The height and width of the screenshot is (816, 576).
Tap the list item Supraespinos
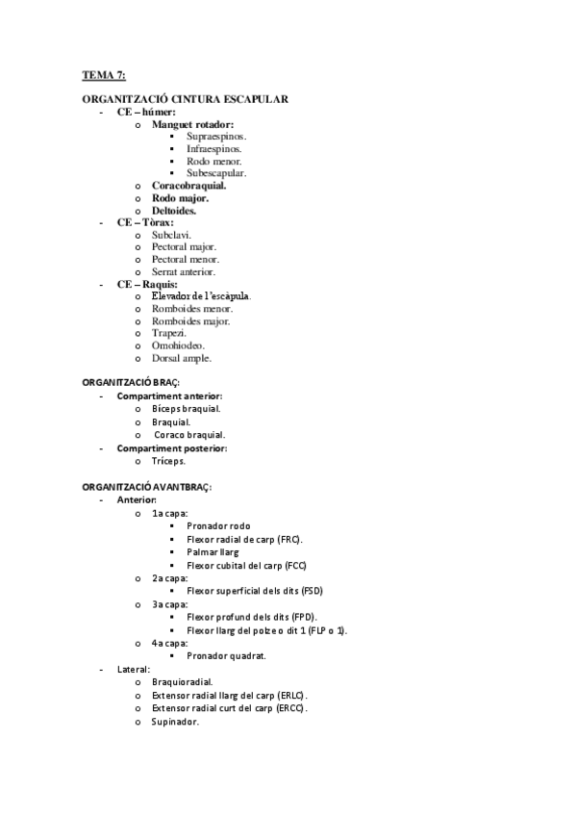click(216, 137)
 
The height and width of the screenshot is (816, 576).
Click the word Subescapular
click(216, 173)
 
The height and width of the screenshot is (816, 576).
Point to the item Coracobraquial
click(189, 186)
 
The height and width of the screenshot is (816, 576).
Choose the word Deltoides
click(174, 210)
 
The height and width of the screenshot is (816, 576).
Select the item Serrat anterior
click(184, 271)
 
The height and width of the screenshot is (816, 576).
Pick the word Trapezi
click(169, 333)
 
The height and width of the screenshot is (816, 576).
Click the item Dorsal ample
click(182, 358)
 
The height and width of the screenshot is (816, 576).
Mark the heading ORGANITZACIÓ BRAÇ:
click(132, 382)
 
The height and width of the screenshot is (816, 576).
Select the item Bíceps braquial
click(187, 408)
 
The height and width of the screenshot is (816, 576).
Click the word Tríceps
click(169, 461)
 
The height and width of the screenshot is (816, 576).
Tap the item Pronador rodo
click(218, 526)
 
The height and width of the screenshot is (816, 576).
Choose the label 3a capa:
click(169, 603)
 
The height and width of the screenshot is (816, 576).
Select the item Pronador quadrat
click(226, 655)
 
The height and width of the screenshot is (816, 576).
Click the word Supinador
click(175, 722)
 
